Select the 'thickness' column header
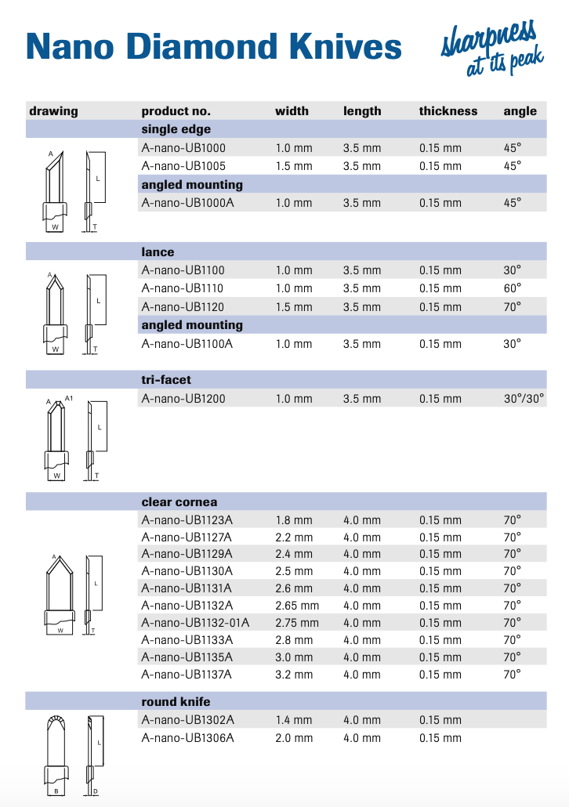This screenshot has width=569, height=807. [448, 111]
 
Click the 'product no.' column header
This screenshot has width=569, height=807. [176, 111]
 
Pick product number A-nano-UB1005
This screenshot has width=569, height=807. [183, 166]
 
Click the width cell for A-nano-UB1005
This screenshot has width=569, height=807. [293, 166]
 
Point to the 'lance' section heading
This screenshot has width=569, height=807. [158, 252]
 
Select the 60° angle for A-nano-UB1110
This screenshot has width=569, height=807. [513, 288]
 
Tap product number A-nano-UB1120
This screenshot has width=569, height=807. [183, 307]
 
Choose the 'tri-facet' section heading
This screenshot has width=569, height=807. [166, 380]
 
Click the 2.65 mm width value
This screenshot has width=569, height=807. [297, 606]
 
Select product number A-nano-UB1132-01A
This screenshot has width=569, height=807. [195, 623]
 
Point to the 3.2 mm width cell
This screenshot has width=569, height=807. [293, 675]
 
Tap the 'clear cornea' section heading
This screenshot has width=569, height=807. [179, 502]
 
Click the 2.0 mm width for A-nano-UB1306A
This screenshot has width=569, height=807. [293, 738]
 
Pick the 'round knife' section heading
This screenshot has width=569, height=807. [176, 702]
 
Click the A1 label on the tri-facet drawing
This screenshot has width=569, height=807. [69, 398]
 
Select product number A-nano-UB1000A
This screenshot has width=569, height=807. [187, 203]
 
